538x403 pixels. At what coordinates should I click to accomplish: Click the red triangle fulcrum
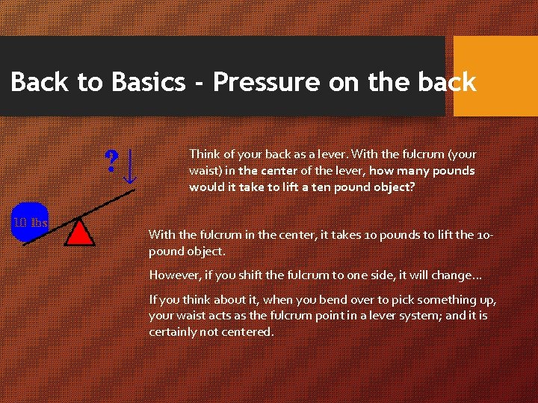(x=79, y=233)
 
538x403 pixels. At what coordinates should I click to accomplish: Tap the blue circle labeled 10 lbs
(x=29, y=222)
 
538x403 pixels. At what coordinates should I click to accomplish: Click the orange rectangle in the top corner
(x=495, y=76)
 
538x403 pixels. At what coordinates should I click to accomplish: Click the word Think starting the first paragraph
(x=204, y=154)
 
